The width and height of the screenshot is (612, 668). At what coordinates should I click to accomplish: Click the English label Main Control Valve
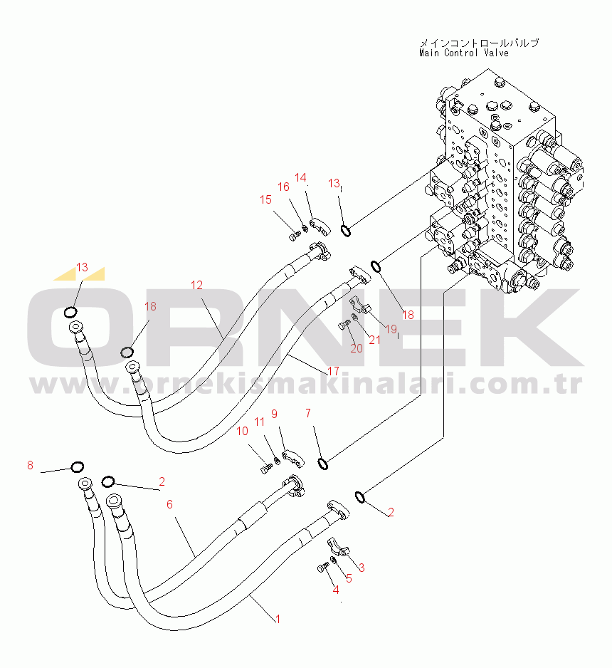464,53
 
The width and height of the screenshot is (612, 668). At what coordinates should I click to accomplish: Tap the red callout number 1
278,619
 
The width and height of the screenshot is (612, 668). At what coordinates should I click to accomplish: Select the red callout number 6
169,504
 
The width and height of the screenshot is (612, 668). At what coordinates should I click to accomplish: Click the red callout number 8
30,465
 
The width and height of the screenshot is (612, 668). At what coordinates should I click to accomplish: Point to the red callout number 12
196,285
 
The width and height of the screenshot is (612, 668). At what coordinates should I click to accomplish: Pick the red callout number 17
333,371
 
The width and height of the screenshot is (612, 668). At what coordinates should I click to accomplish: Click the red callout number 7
308,413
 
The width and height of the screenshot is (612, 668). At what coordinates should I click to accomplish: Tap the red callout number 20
357,348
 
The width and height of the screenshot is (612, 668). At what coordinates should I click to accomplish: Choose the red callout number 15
265,199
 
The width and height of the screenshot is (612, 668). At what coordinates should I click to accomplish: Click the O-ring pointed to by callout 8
77,467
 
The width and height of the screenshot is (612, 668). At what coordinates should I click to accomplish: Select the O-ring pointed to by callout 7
323,464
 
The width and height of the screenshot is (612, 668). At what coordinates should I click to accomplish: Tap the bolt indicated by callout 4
322,568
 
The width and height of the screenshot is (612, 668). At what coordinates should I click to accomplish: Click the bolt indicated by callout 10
265,469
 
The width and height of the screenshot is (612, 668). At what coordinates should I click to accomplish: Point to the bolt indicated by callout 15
295,236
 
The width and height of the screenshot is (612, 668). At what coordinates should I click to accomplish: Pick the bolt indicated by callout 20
343,326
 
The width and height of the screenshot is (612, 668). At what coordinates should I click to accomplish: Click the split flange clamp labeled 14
320,226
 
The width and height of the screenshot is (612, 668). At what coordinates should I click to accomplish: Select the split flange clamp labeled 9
294,458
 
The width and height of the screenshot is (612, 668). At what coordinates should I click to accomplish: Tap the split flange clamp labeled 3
338,547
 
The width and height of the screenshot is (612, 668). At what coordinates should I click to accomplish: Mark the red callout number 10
242,431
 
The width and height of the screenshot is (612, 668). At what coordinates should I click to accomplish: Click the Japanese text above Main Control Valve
479,43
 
